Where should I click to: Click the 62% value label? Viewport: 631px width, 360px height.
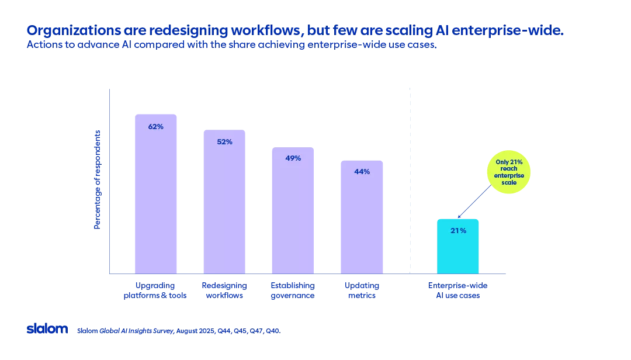coord(155,126)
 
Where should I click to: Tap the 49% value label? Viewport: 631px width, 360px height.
coord(293,158)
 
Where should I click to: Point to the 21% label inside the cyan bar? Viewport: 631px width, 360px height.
coord(458,231)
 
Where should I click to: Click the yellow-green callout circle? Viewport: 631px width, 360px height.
coord(509,172)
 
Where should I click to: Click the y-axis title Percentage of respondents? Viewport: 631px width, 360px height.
coord(98,179)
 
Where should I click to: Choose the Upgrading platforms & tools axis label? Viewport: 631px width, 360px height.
coord(155,290)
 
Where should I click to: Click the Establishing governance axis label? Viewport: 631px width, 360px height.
coord(292,290)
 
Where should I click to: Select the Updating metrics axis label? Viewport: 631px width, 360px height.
coord(362,290)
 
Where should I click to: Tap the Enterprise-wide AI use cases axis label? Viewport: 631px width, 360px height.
coord(457,290)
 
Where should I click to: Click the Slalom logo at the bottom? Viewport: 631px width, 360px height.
coord(47,329)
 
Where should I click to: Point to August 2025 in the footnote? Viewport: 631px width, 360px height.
coord(197,331)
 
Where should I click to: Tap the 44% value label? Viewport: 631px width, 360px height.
coord(362,172)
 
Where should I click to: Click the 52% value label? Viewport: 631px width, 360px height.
coord(224,141)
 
